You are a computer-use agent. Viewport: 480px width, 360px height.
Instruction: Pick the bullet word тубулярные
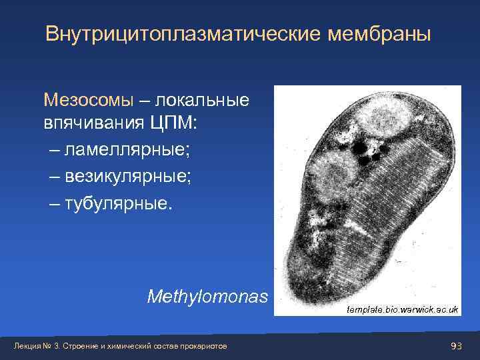(x=119, y=203)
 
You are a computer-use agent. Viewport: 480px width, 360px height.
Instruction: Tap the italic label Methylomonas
(x=208, y=295)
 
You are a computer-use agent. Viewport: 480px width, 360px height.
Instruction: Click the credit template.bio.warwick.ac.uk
(x=403, y=310)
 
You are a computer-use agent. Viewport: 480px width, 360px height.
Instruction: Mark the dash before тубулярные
(x=54, y=203)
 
